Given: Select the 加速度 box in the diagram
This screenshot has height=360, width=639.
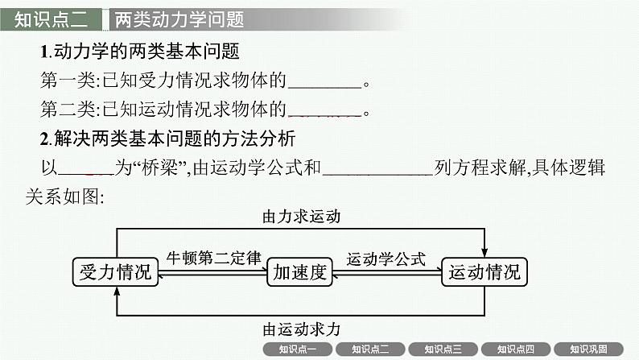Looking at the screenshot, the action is [x=299, y=272].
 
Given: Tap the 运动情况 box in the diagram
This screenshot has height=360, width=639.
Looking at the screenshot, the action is [x=484, y=272].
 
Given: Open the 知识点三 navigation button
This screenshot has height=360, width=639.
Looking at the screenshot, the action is [x=436, y=350].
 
